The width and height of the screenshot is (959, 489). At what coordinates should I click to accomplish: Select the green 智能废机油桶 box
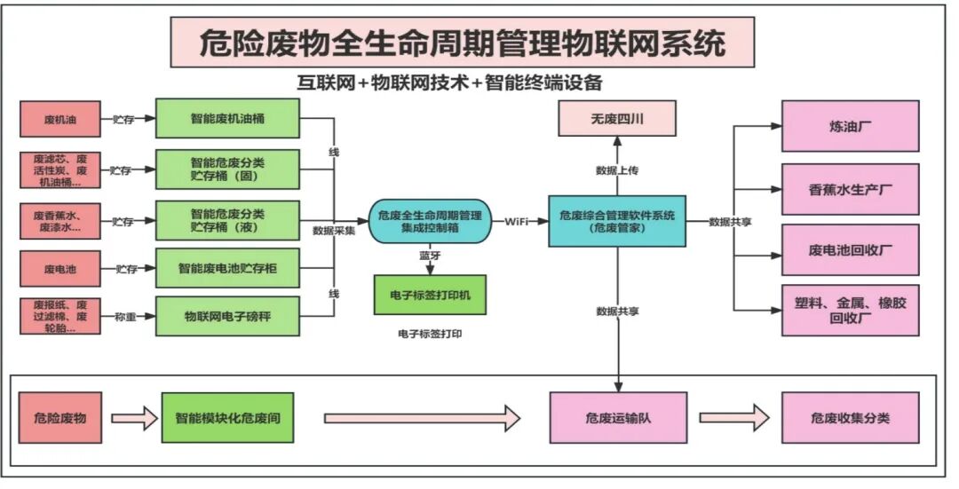point(227,119)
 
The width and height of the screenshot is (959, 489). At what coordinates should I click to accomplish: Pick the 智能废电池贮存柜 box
point(227,267)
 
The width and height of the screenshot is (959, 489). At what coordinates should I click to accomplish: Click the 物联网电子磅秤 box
point(227,316)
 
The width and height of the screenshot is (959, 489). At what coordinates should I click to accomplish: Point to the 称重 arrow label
point(125,317)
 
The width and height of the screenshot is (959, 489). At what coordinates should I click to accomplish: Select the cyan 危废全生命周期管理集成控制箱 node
point(430,221)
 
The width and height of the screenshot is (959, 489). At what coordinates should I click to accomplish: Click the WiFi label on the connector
point(519,221)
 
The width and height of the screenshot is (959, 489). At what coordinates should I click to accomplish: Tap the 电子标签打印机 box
point(430,294)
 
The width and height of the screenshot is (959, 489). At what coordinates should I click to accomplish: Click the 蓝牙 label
point(431,256)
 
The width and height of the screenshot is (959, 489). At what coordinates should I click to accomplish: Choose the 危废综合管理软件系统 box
point(617,221)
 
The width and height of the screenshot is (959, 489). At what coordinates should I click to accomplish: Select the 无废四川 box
point(617,118)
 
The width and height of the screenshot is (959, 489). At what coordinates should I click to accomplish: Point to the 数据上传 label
point(618,169)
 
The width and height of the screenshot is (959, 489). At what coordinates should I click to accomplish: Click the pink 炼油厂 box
point(850,126)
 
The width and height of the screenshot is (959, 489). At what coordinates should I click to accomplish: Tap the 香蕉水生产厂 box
point(850,189)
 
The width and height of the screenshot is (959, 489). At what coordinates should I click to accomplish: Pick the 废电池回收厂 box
point(850,250)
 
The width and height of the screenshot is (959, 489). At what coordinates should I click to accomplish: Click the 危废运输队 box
point(617,416)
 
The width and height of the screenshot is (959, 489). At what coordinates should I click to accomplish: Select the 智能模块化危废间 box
point(227,416)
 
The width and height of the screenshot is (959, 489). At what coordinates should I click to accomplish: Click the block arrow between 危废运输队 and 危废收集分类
point(733,416)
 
